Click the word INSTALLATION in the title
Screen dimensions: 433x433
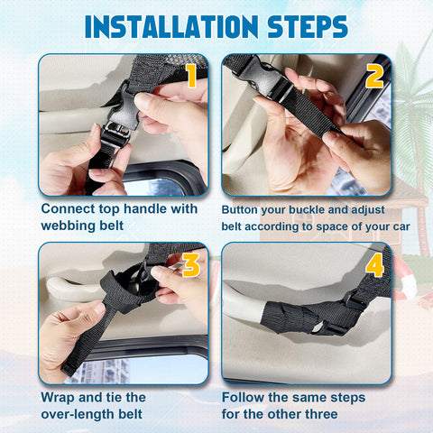click(x=171, y=27)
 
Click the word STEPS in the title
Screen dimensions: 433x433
click(x=308, y=27)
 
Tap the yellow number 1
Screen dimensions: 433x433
click(x=191, y=76)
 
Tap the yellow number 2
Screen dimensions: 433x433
click(x=374, y=76)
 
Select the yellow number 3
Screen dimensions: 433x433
click(x=191, y=265)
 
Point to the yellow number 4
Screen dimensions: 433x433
click(x=374, y=265)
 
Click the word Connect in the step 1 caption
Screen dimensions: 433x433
click(x=68, y=208)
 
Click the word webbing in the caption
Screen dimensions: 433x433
click(x=68, y=226)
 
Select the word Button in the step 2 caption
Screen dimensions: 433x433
click(x=239, y=209)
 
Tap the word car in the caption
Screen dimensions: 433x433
click(x=401, y=226)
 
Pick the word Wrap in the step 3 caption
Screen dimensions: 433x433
click(x=58, y=398)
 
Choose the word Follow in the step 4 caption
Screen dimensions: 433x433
click(x=243, y=398)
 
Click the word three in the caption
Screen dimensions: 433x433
click(x=321, y=414)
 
